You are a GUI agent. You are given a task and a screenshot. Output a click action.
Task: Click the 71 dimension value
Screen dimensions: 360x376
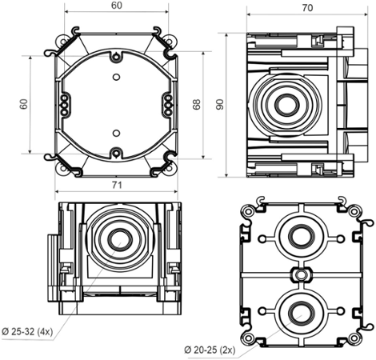[x=117, y=186]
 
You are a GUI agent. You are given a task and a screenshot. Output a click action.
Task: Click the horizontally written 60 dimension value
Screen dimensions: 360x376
[x=117, y=6]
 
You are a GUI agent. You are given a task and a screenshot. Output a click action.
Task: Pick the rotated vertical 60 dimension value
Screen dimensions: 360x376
[x=24, y=104]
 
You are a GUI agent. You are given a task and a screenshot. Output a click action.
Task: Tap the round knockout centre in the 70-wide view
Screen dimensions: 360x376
[x=284, y=104]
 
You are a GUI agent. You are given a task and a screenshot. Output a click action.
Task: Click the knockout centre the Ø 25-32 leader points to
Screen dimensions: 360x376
[x=121, y=239]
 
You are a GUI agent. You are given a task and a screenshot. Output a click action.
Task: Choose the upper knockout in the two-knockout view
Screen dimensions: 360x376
[x=300, y=238]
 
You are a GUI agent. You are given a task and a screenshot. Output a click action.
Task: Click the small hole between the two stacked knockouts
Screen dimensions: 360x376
[x=300, y=274]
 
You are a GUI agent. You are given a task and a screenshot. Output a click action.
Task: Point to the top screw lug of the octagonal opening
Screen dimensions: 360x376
[x=117, y=58]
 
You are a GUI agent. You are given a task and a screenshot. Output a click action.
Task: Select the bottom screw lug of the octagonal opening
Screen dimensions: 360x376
[x=117, y=151]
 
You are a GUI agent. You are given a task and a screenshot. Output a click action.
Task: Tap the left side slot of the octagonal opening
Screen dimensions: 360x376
[x=66, y=104]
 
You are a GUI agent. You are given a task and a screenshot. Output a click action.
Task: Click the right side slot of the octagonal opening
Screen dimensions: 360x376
[x=168, y=104]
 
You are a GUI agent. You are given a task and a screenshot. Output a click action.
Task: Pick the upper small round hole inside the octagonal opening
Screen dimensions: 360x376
[x=117, y=78]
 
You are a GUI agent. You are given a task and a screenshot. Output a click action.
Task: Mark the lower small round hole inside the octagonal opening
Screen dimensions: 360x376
[x=117, y=132]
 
